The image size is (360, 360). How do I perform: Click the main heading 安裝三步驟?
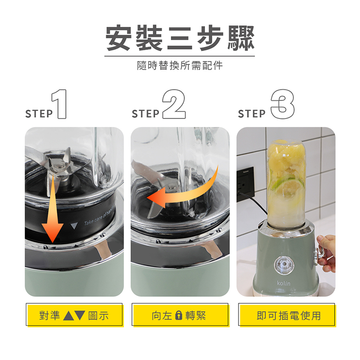180,38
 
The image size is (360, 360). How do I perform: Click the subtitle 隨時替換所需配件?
180,65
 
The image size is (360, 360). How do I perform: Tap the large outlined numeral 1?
60,104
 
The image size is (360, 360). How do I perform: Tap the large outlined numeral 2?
174,104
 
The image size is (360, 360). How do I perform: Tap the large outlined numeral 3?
282,104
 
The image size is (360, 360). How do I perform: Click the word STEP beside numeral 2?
145,114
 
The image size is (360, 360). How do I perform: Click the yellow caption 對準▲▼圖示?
74,315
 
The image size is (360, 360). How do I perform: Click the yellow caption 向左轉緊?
180,315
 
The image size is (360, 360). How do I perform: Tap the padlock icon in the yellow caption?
179,315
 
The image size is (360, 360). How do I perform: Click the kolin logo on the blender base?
284,283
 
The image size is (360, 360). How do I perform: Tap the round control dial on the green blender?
284,265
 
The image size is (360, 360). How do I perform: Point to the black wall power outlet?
245,184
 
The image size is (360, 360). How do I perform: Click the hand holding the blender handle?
326,254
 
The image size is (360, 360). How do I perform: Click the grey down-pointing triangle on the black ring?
74,226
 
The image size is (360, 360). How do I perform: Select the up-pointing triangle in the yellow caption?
69,315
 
